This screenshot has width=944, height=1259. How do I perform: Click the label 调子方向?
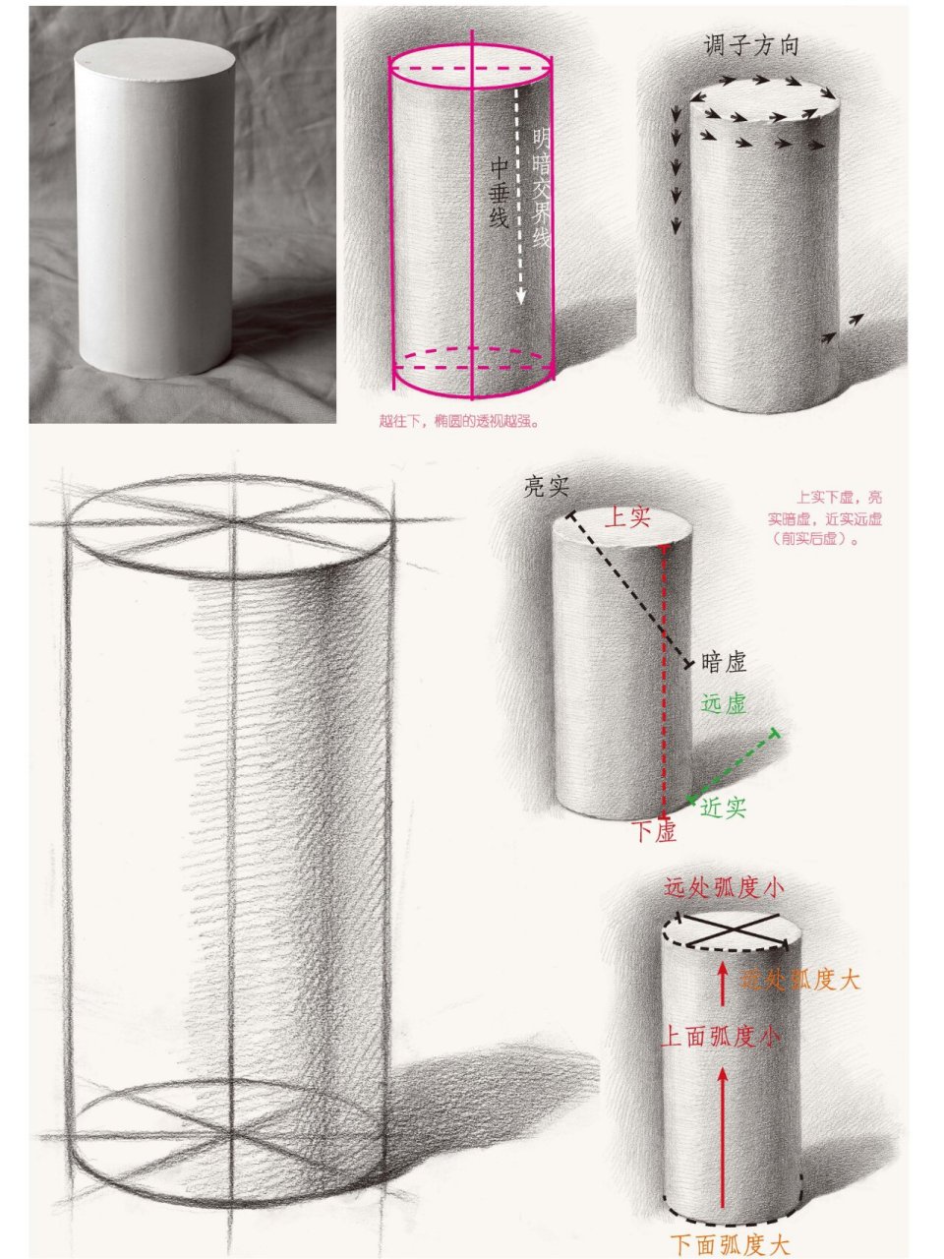tap(750, 46)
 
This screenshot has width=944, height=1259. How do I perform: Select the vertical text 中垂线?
tap(499, 194)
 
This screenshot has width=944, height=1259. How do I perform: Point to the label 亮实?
tap(548, 488)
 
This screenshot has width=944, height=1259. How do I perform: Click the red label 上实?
tap(626, 516)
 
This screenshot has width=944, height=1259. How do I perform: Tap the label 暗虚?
tap(724, 663)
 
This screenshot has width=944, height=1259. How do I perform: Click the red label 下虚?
tap(654, 832)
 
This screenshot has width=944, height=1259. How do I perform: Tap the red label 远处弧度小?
tap(725, 888)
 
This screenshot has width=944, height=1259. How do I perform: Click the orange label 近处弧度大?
tap(801, 980)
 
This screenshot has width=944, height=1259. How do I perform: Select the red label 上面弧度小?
tap(723, 1036)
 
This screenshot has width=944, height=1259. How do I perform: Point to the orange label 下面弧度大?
tap(730, 1244)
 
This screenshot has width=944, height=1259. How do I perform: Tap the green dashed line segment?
tap(733, 766)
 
